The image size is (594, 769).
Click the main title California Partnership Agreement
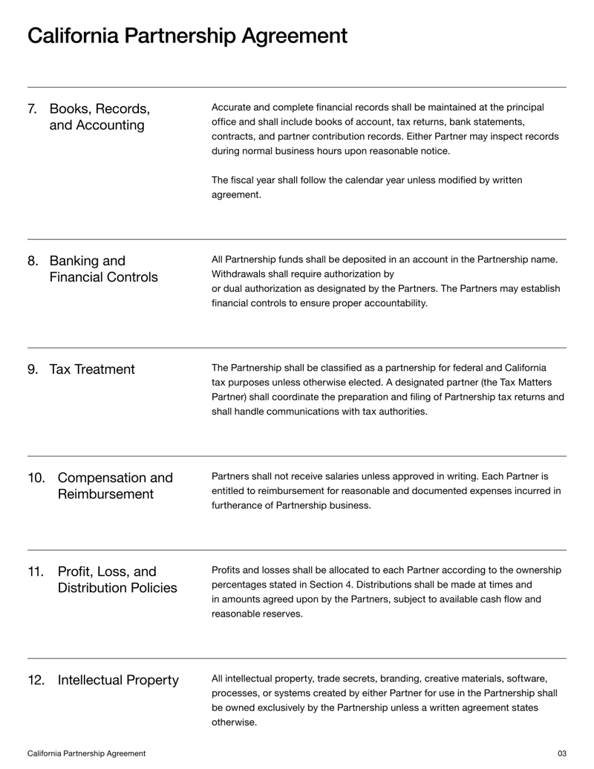187,36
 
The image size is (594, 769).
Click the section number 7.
33,108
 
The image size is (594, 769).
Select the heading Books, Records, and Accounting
99,117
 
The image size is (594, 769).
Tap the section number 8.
33,261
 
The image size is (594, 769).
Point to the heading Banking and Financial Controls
103,269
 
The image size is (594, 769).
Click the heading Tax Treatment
92,369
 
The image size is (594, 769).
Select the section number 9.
33,369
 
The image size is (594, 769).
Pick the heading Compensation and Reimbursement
115,486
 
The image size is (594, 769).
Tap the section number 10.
36,478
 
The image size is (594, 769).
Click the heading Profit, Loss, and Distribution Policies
117,580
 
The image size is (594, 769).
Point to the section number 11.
36,571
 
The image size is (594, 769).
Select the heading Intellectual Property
118,680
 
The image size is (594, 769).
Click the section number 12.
36,680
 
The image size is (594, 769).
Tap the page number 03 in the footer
561,753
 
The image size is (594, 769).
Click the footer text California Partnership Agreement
86,753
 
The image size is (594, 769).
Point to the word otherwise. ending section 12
234,722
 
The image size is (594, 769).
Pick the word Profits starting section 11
226,570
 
